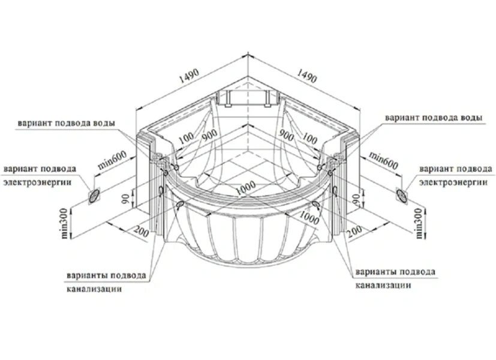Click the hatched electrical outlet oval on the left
[x=95, y=195]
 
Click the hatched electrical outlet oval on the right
[x=402, y=193]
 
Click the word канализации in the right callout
[x=384, y=286]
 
